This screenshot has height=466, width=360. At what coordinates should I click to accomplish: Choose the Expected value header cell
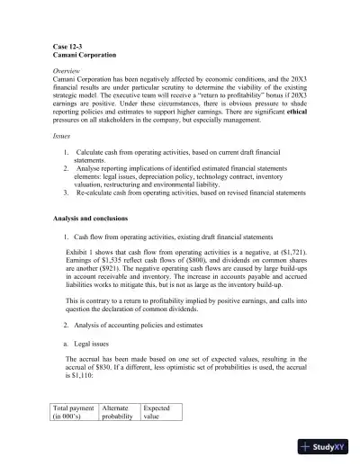[x=158, y=412]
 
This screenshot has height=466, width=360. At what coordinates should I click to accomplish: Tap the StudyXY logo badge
[x=327, y=446]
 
